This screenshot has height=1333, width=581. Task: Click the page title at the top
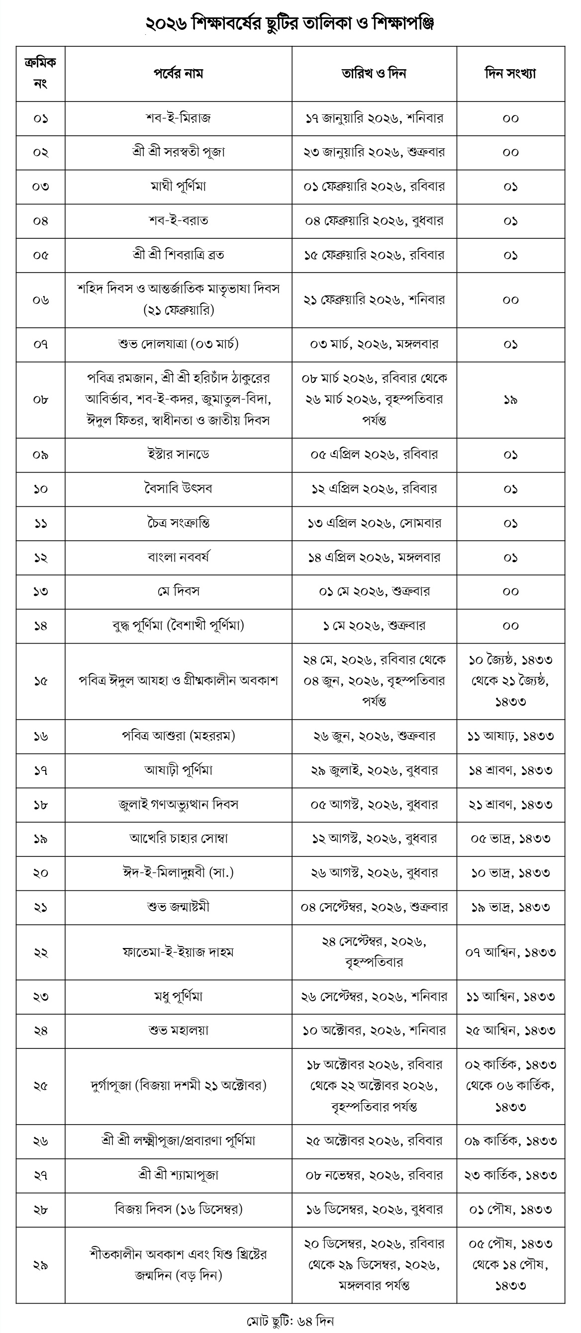(290, 23)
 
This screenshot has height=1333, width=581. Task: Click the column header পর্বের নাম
(178, 74)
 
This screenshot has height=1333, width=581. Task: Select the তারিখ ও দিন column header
(374, 74)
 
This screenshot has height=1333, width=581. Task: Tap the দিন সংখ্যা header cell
(510, 74)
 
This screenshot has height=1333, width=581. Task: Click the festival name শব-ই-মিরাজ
(178, 118)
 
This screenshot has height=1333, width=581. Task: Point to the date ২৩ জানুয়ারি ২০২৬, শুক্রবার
(374, 152)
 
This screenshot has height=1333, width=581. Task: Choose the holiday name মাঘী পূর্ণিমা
(178, 187)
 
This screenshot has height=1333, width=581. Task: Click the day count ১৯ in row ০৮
(510, 399)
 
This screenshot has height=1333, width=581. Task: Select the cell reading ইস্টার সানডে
(178, 454)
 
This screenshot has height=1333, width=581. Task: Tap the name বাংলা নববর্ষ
(178, 557)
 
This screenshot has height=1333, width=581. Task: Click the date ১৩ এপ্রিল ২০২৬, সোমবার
(374, 523)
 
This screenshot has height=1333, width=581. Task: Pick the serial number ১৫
(40, 681)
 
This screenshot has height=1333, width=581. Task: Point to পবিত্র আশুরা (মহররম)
(178, 736)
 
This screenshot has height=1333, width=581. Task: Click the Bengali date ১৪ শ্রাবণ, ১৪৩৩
(510, 770)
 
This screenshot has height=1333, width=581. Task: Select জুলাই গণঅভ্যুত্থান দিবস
(178, 805)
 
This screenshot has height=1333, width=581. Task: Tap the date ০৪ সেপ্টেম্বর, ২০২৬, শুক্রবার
(374, 907)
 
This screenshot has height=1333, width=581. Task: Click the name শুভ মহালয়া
(178, 1030)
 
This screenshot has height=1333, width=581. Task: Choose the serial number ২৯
(40, 1265)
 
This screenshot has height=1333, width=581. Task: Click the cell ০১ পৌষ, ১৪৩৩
(510, 1209)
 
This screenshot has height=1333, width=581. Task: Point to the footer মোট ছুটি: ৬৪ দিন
(290, 1321)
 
